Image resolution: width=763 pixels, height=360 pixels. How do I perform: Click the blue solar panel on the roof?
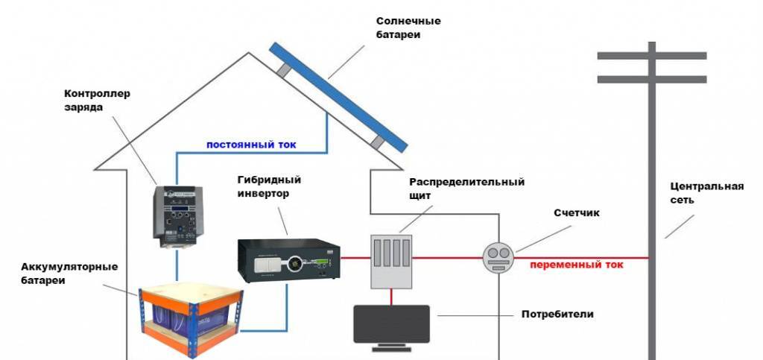pyautogui.click(x=339, y=95)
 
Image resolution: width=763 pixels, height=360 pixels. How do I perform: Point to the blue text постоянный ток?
pyautogui.click(x=245, y=145)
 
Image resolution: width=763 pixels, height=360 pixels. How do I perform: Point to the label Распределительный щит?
pyautogui.click(x=467, y=188)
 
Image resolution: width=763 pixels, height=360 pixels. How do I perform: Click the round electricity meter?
pyautogui.click(x=498, y=258)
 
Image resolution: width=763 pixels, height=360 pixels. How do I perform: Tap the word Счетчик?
pyautogui.click(x=577, y=213)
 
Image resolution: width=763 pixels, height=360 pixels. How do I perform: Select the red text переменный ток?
pyautogui.click(x=577, y=265)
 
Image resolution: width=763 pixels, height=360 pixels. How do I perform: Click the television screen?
pyautogui.click(x=390, y=323)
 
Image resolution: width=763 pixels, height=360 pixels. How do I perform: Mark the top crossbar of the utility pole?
pyautogui.click(x=651, y=56)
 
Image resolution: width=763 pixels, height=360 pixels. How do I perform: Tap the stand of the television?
pyautogui.click(x=390, y=347)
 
